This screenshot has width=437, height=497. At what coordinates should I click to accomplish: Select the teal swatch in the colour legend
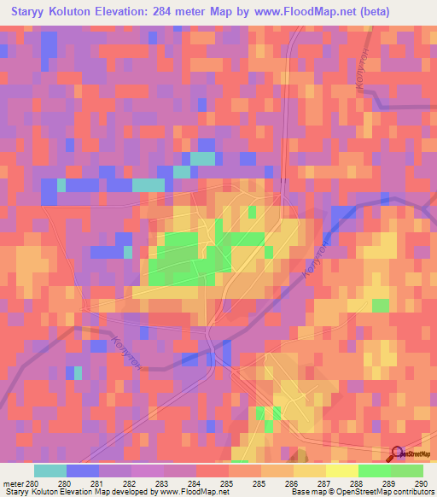click(x=50, y=471)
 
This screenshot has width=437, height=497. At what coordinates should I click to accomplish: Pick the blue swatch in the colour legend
click(x=83, y=471)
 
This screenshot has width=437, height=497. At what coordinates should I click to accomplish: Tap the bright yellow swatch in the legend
click(x=342, y=471)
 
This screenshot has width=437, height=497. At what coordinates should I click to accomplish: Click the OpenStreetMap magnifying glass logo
click(x=398, y=453)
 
